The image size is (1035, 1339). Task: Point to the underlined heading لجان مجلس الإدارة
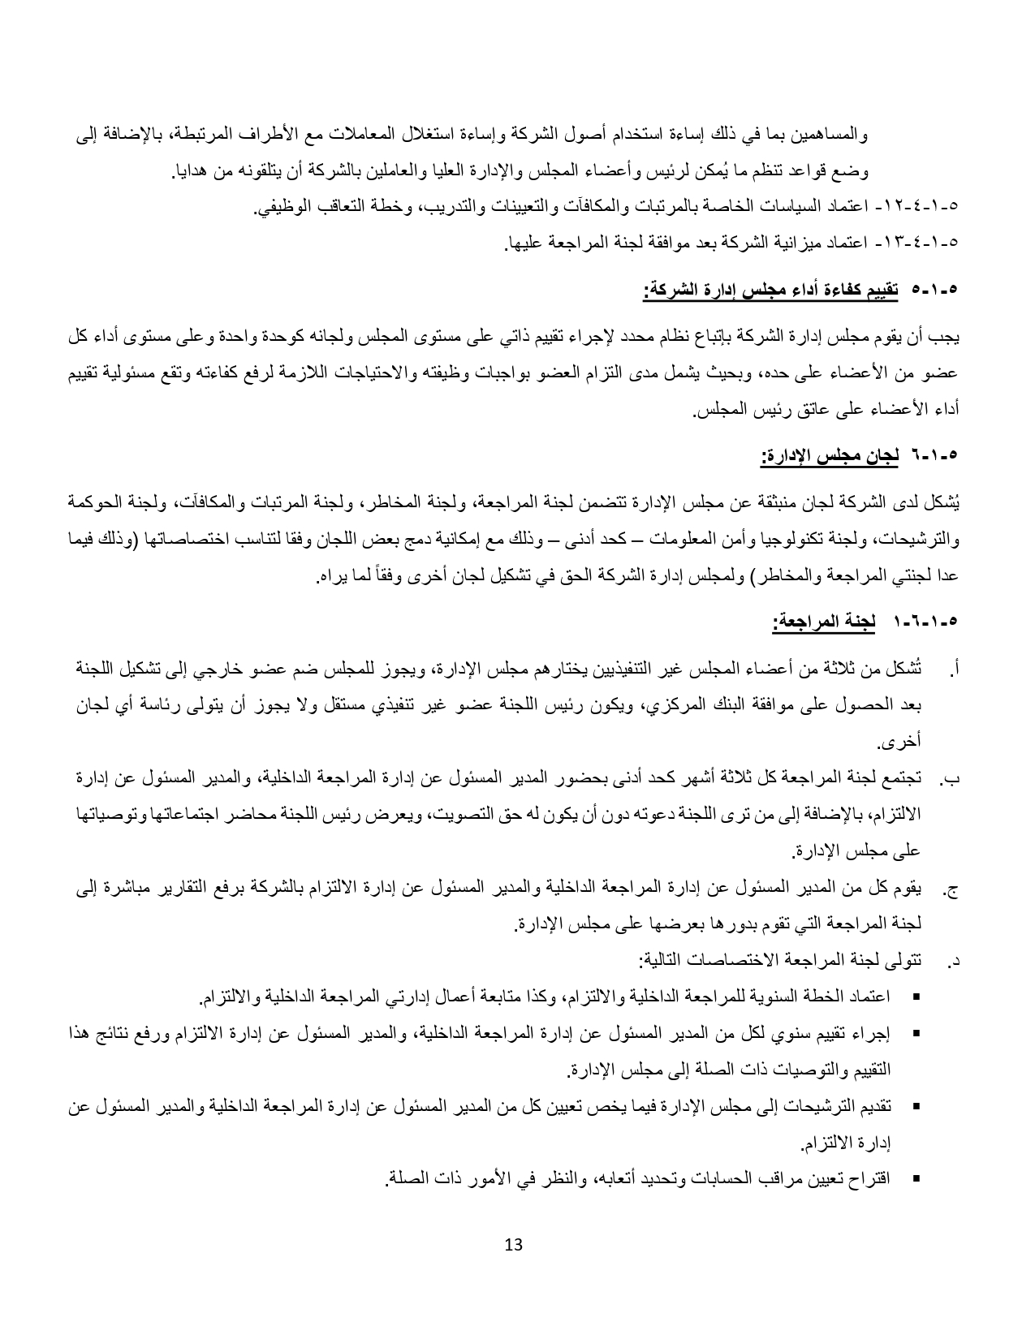tap(830, 455)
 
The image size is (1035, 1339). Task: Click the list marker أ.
tap(955, 671)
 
